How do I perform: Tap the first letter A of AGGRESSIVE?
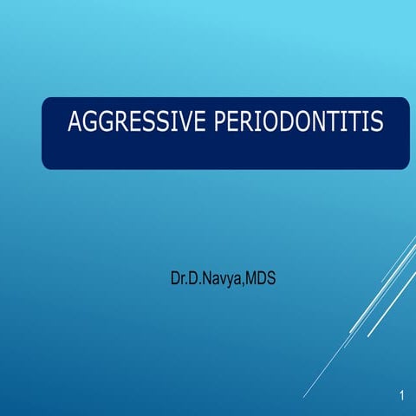[76, 122]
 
